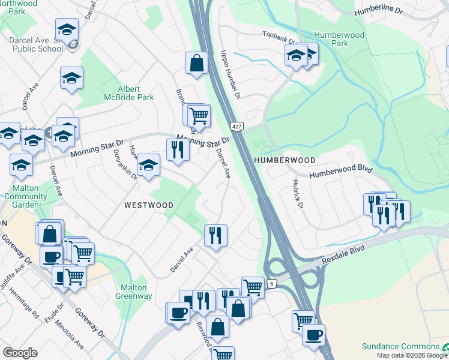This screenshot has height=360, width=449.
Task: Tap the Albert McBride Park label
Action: coord(128,93)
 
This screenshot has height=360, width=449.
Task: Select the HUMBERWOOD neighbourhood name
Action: coord(285,160)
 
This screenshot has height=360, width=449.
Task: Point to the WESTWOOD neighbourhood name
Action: coord(148,205)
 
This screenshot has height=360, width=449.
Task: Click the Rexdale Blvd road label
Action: coord(343,250)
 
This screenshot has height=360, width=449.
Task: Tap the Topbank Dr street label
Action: coord(279,38)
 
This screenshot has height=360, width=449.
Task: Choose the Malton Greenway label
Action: coord(133,292)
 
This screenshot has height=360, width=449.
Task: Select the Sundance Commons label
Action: coord(400,347)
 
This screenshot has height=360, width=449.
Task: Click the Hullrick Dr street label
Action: coord(298,194)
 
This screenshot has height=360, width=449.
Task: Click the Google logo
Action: coord(20,353)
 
